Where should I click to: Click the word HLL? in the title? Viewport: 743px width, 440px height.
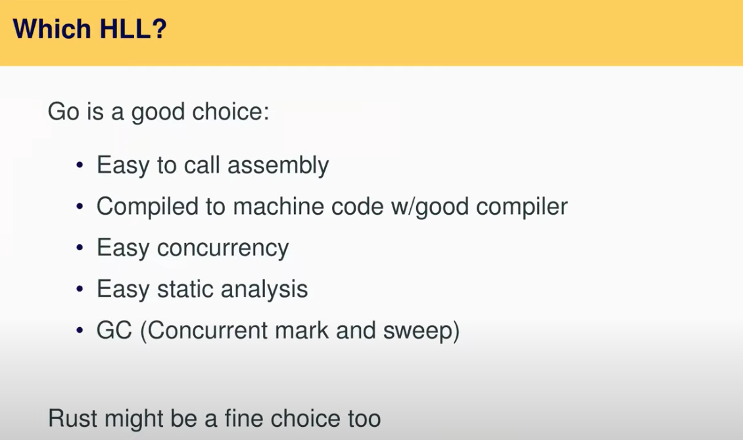click(x=133, y=28)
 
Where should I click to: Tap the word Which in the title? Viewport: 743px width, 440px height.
click(x=52, y=28)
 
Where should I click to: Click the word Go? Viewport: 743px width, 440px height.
click(x=64, y=112)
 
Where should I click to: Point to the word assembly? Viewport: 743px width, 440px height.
click(x=278, y=166)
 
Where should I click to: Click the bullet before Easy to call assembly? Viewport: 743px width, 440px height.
click(x=80, y=165)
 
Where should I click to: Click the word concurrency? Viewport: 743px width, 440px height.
click(x=223, y=248)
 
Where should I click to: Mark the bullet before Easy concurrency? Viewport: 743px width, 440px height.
click(x=80, y=248)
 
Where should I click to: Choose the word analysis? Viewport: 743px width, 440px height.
click(x=264, y=290)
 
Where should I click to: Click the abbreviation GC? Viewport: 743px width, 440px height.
click(x=114, y=330)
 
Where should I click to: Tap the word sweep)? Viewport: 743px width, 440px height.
click(x=421, y=331)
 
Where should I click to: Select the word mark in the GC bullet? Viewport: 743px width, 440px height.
click(x=301, y=330)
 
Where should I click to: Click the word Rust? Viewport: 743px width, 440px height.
click(x=72, y=419)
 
